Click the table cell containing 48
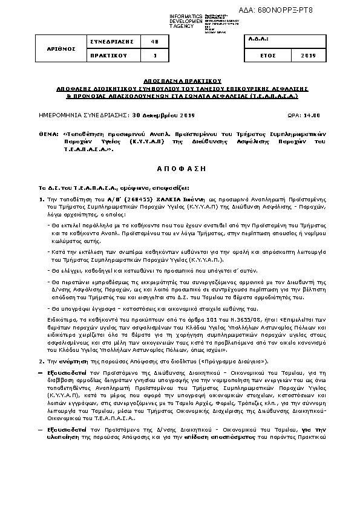coord(155,41)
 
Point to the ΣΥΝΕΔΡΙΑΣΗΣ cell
coord(111,41)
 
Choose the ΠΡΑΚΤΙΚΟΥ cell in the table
coord(111,55)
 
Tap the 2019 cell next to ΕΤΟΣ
coord(309,55)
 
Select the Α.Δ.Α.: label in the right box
coord(258,39)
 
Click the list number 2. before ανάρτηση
coord(41,360)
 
